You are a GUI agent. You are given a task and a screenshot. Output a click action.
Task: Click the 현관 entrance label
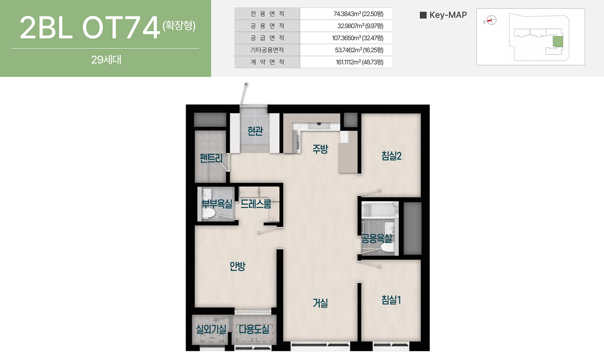coord(255,131)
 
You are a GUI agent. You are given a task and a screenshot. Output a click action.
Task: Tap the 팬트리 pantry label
coord(211,158)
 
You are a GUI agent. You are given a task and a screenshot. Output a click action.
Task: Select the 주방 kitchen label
coord(320,149)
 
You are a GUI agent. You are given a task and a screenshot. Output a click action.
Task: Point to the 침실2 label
coord(391,156)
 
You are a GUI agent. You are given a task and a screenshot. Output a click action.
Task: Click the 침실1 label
coord(391,300)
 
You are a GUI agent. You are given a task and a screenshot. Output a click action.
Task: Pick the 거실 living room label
coord(320,303)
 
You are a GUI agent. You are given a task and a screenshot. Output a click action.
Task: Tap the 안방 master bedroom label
coord(237,266)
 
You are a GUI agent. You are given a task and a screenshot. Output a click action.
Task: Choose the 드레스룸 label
coord(256,204)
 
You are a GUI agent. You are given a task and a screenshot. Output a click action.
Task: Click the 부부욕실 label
coord(217,204)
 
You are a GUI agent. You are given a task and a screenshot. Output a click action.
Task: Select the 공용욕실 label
coord(377,239)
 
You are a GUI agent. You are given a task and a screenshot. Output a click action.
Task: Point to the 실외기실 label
coord(211,329)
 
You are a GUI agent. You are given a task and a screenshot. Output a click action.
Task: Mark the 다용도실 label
coord(254,329)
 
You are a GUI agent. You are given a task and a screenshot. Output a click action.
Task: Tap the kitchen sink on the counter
coord(319,124)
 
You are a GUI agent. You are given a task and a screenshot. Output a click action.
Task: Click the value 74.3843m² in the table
coord(347,14)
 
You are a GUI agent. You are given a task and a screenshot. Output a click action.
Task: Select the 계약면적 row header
coord(267,62)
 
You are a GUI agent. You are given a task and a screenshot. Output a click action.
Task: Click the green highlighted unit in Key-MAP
coord(558,42)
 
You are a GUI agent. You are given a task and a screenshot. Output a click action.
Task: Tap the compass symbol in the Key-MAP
coord(491,20)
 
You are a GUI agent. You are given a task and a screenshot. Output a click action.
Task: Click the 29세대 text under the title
coord(106,60)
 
